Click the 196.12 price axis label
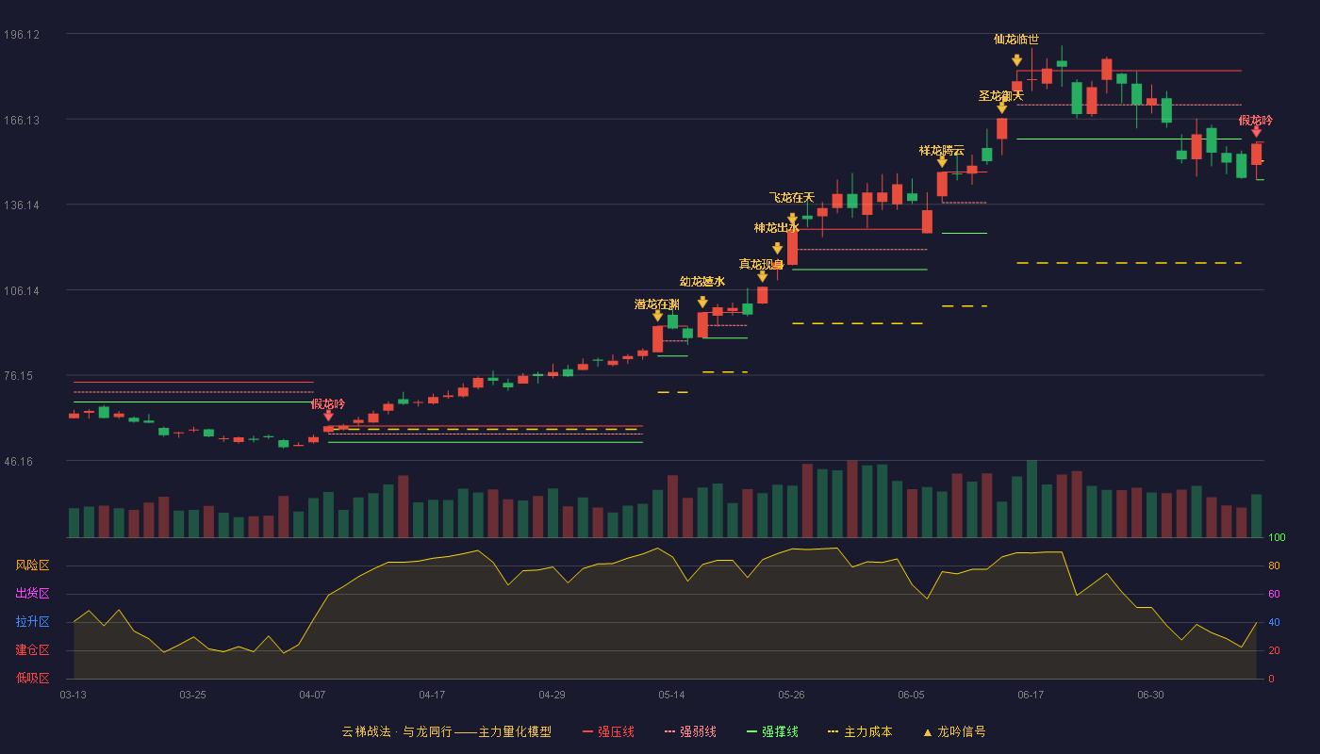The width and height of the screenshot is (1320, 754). [22, 35]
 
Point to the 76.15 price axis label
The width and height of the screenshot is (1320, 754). [19, 376]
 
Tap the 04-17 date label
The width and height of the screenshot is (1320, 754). [432, 696]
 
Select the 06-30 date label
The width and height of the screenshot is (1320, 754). [1150, 696]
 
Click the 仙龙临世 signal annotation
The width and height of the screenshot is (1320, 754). [1016, 40]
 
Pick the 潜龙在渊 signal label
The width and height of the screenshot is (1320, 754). [656, 304]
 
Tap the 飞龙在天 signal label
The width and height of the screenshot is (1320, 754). [791, 197]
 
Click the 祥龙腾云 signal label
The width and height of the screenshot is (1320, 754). [941, 151]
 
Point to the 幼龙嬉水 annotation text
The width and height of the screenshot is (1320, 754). [701, 282]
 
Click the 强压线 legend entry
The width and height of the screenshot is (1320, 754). [608, 731]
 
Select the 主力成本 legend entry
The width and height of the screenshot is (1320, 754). [860, 731]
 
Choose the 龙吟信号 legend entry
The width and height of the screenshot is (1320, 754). [954, 731]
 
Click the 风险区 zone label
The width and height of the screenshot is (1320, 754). [32, 565]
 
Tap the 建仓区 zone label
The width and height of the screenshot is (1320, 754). [32, 650]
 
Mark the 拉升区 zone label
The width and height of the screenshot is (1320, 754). [32, 622]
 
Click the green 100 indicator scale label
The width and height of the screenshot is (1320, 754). [1277, 537]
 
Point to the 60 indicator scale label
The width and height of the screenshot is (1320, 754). [1274, 594]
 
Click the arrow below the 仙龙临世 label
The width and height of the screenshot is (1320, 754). [1016, 60]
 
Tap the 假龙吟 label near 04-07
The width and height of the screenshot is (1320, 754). [328, 404]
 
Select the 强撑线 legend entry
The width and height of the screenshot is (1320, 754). [772, 731]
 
